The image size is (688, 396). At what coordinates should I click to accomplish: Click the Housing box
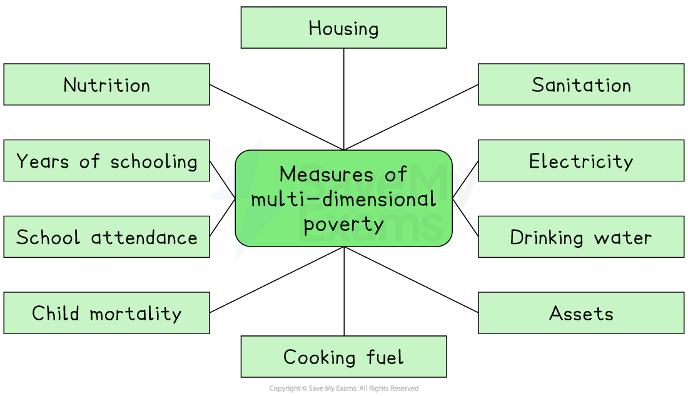point(343,28)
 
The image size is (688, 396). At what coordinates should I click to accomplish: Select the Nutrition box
point(106,84)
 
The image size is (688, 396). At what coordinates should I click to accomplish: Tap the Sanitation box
point(581,84)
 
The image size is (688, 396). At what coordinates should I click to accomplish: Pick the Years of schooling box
point(106,161)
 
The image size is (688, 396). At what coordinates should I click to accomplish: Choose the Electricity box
point(581,161)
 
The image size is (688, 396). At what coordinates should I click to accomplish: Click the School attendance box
point(106,237)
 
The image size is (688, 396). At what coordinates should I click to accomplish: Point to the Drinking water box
point(581,237)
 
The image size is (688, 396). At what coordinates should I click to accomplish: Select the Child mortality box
point(106,313)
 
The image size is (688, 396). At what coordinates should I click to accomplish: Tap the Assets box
point(581,313)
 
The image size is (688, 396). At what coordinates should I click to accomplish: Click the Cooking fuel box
point(343,357)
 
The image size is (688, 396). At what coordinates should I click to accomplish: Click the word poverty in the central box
point(343,224)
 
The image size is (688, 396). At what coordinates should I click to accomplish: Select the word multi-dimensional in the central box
point(343,199)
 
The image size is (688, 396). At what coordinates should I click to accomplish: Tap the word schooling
point(154,161)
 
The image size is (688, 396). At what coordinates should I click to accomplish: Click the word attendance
point(144,238)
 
